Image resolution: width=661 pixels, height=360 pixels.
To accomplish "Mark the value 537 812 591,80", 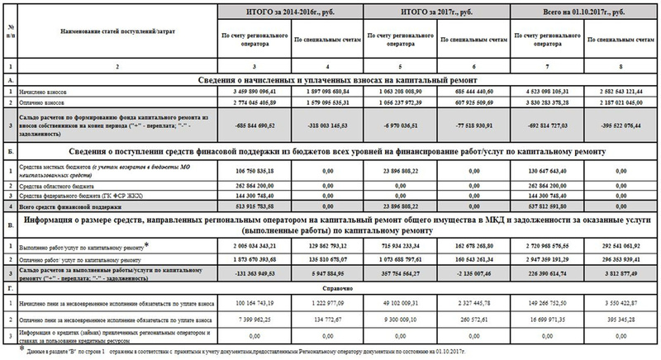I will [x=551, y=206].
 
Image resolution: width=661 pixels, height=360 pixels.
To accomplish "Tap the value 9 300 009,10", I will [x=404, y=316].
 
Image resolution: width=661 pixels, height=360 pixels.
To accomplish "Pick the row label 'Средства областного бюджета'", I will [x=65, y=186].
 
